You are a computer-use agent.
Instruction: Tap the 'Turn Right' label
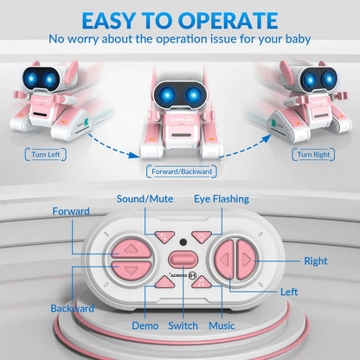coord(314,154)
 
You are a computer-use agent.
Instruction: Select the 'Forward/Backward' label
coord(181,170)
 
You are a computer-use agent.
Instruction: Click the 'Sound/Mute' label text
coord(144,198)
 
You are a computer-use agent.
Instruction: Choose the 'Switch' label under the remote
coord(183,325)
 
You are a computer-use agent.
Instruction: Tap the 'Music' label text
coord(221,325)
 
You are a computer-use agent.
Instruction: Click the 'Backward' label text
coord(73,308)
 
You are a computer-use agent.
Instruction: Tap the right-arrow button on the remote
coord(245,259)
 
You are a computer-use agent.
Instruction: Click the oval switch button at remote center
coord(181,260)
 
